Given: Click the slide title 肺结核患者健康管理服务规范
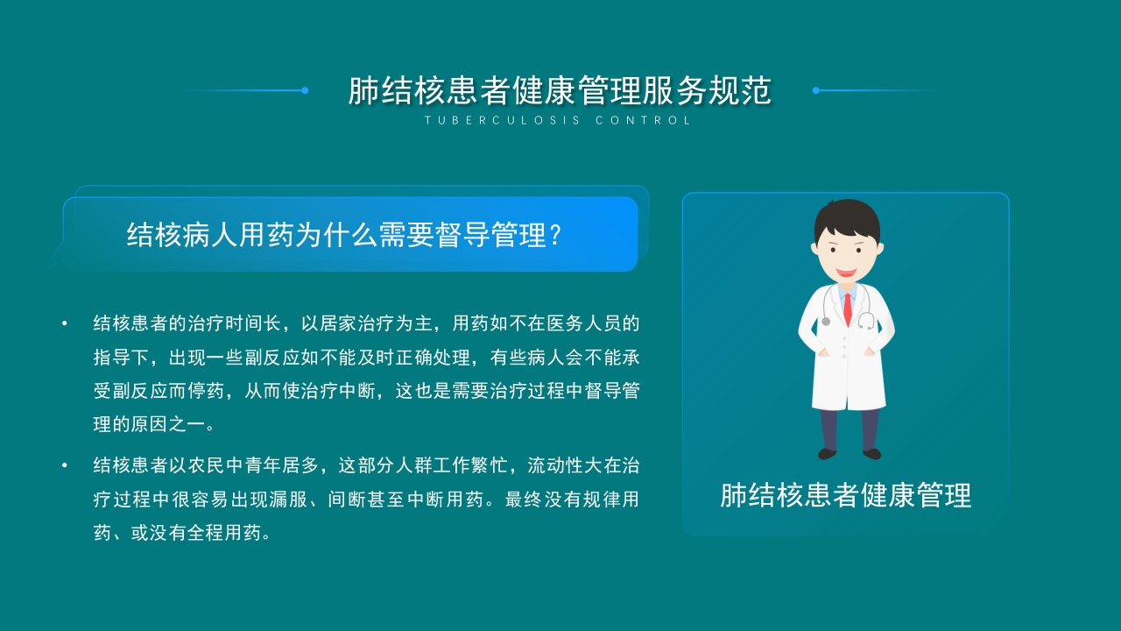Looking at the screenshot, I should [560, 91].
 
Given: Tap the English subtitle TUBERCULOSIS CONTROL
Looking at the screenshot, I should [559, 121].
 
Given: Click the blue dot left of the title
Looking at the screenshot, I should [305, 90].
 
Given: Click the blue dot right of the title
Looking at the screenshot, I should [815, 90].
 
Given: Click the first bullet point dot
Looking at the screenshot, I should [65, 323].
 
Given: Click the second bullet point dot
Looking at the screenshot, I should [65, 465].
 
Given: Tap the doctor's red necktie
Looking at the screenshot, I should [847, 306].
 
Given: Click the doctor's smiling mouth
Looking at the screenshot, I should [845, 273].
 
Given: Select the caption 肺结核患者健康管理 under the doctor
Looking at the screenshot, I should [845, 495].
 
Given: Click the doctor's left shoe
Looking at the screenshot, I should [827, 453].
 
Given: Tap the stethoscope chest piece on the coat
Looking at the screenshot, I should [826, 322].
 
